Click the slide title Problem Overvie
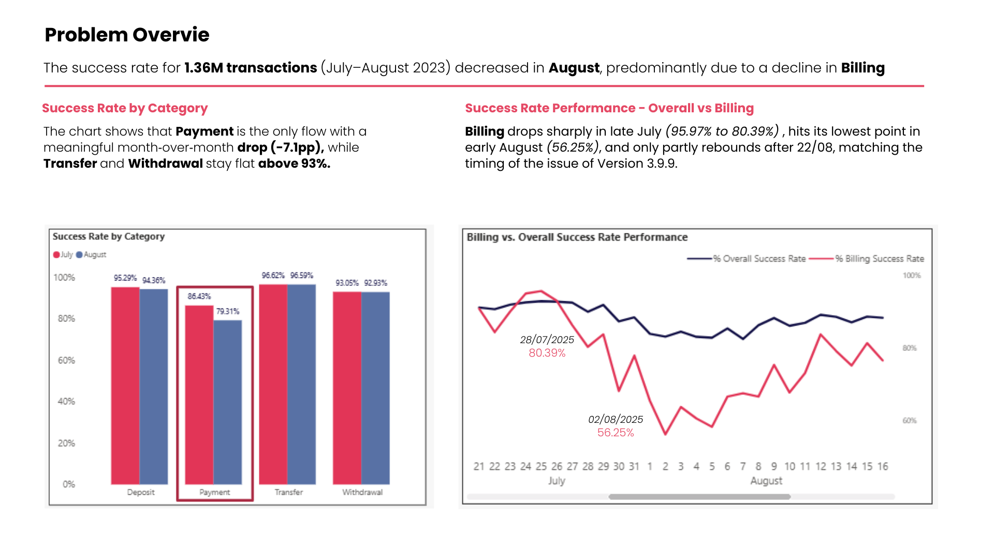tap(127, 35)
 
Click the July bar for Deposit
tap(125, 386)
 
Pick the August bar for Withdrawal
tap(375, 388)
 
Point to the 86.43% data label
tap(199, 297)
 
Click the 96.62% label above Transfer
tap(273, 275)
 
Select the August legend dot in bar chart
tap(79, 255)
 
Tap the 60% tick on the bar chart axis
tap(66, 360)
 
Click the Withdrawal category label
tap(362, 492)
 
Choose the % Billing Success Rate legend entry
tap(879, 259)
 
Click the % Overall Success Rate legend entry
tap(759, 259)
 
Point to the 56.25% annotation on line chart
tap(616, 433)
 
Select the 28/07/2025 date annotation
tap(547, 340)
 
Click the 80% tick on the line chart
tap(910, 348)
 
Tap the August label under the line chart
tap(766, 481)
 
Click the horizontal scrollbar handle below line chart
tap(699, 497)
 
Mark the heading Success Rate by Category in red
tap(125, 108)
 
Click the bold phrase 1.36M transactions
tap(251, 68)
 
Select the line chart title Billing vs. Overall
tap(577, 237)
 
